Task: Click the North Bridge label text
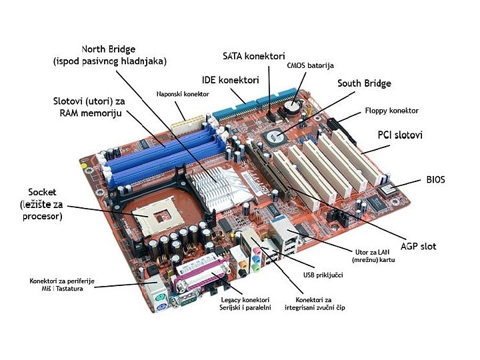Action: click(x=109, y=55)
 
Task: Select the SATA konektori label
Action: click(x=253, y=56)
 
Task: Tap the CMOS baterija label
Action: click(x=310, y=66)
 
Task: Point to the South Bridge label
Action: click(x=364, y=84)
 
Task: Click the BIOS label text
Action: click(x=435, y=180)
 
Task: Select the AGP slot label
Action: click(x=418, y=247)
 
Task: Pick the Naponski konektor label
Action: click(x=183, y=95)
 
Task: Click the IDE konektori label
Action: click(x=230, y=80)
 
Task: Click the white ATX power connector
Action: click(x=187, y=125)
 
